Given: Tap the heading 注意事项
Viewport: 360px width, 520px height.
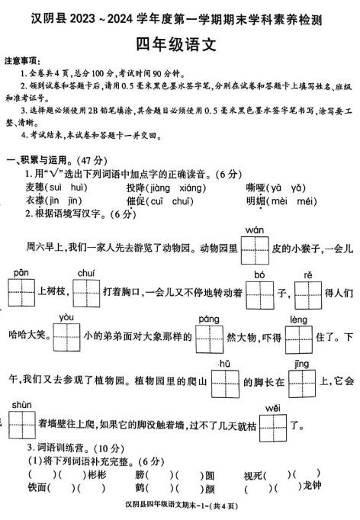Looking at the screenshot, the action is tap(21, 59).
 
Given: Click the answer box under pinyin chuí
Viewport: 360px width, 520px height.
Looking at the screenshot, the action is tap(85, 291).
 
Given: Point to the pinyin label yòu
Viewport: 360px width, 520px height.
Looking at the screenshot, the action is tap(66, 318).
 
